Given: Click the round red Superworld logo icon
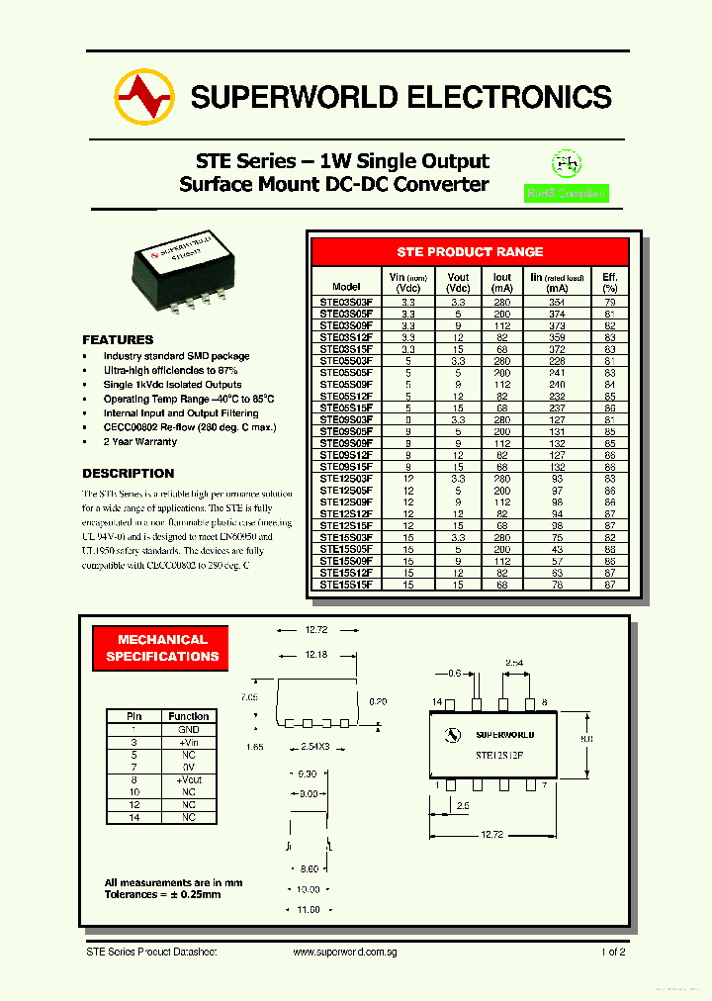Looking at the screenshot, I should (144, 97).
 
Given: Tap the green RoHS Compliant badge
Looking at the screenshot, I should (567, 194).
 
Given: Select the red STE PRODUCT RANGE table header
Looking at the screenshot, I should (470, 252).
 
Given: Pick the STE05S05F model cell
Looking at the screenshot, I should (346, 373).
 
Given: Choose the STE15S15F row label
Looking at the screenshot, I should (346, 585).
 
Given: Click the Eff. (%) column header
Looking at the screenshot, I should (609, 282).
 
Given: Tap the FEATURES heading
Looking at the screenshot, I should (118, 339).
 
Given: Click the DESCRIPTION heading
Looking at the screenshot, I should (128, 473).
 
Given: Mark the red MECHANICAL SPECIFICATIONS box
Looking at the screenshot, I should (162, 648).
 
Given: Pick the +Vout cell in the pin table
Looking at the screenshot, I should (188, 779).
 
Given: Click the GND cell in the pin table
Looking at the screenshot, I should (188, 729).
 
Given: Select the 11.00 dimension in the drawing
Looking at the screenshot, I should (309, 909).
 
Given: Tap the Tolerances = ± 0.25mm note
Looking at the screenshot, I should (163, 894).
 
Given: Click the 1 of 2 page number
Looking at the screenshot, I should (612, 952).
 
